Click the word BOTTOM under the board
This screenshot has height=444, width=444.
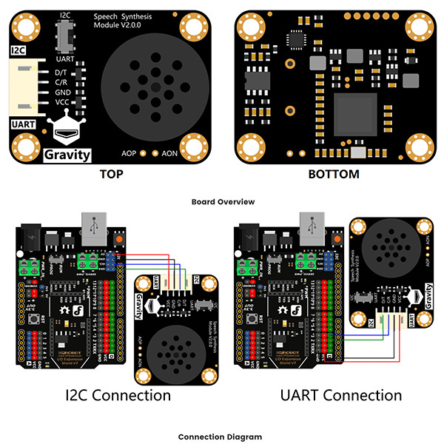click(334, 175)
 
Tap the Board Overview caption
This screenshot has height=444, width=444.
click(222, 201)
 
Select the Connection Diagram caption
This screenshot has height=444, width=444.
click(222, 437)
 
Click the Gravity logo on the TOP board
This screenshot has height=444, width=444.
click(67, 154)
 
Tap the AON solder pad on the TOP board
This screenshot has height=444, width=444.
click(155, 153)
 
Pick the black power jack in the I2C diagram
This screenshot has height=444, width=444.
click(30, 235)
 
